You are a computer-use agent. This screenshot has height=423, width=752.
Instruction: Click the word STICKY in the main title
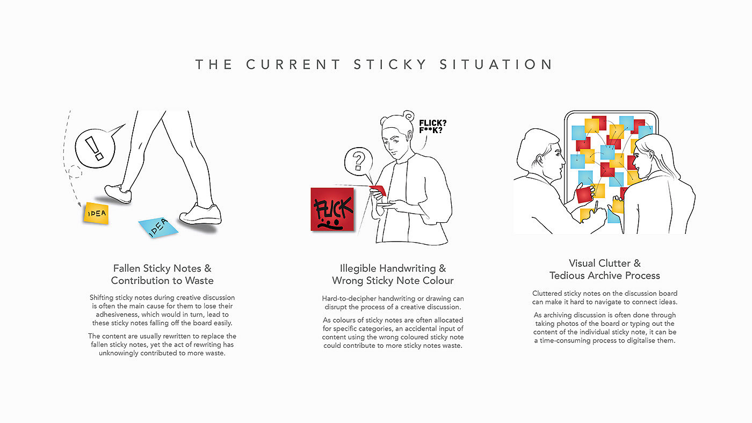(390, 64)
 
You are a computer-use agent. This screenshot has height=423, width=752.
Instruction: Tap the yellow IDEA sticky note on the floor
(96, 213)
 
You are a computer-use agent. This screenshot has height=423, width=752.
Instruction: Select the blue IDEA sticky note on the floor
(158, 227)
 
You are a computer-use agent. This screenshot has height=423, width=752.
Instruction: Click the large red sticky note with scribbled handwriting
(332, 209)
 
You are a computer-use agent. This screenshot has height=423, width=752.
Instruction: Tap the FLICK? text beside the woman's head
(433, 123)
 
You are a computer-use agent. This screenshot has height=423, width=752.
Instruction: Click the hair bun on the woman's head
(409, 116)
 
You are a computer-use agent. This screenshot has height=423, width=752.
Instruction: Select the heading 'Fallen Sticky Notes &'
(162, 268)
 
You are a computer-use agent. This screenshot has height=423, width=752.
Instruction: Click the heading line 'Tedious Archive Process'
(605, 276)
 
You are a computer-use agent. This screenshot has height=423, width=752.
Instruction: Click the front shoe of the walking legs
(200, 214)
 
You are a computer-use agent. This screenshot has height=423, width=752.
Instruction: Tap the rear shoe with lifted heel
(118, 194)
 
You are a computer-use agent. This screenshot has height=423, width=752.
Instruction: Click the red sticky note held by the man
(584, 194)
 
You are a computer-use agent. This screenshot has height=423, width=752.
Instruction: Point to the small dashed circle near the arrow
(75, 172)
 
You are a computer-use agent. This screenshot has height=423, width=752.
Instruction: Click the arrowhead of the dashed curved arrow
(79, 205)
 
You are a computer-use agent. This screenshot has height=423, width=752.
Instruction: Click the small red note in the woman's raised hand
(378, 189)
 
